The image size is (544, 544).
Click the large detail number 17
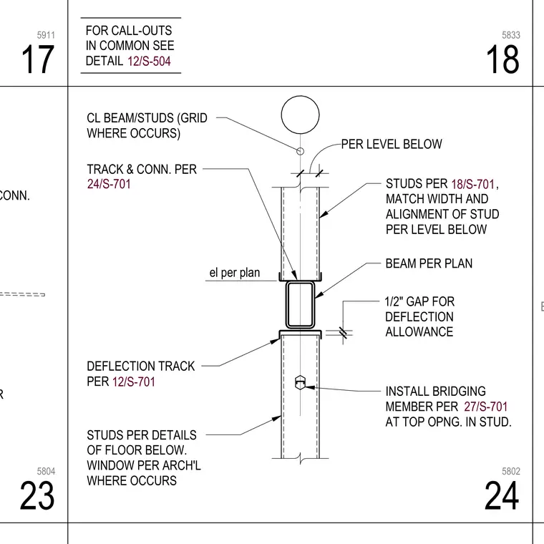click(37, 59)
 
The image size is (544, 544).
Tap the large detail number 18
click(502, 59)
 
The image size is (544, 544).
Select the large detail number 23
click(37, 495)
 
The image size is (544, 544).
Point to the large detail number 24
click(502, 495)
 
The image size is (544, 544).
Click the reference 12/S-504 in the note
click(149, 62)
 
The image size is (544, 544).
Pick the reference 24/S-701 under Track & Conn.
click(109, 184)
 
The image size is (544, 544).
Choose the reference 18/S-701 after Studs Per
click(473, 184)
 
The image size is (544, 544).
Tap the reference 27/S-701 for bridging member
click(486, 407)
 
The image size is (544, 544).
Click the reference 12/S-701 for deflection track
click(134, 382)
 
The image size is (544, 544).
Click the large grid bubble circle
click(300, 96)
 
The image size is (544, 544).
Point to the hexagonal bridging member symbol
click(300, 382)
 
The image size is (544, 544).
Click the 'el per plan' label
click(235, 273)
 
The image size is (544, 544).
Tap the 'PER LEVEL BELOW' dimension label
click(392, 144)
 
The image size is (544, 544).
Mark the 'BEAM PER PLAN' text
click(429, 263)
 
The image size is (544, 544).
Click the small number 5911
click(46, 35)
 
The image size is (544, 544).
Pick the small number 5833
click(511, 35)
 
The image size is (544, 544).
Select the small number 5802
click(511, 471)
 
